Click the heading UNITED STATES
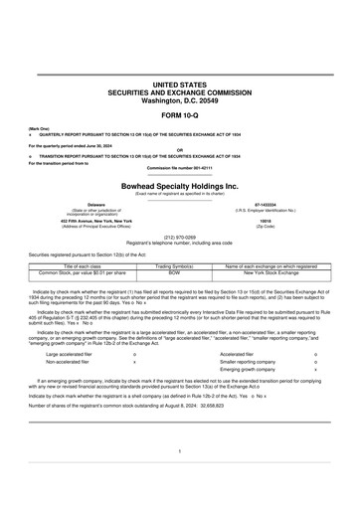click(180, 86)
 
